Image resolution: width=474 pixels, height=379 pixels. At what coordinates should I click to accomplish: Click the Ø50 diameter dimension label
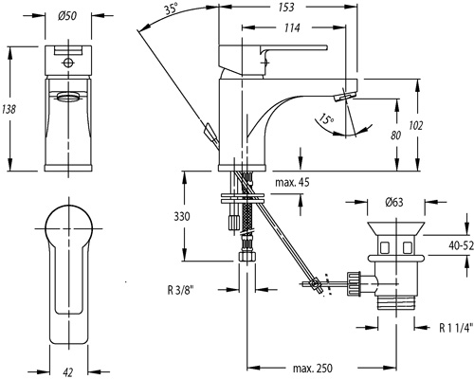coord(67,15)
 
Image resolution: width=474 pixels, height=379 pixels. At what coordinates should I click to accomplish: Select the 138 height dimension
coord(9,109)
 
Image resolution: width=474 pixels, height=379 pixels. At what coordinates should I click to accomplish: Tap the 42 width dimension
coord(68,372)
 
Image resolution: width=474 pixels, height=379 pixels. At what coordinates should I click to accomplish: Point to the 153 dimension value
coord(286,8)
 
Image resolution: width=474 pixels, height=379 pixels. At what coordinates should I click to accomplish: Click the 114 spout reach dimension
coord(291,27)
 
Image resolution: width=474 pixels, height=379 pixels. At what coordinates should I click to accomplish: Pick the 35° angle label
coord(171,9)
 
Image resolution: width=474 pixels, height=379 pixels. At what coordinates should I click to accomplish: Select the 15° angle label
coord(326,118)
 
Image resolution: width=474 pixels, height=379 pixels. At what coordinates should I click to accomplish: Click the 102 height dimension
coord(415,125)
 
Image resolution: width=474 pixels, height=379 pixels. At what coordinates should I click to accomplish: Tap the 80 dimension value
coord(395,135)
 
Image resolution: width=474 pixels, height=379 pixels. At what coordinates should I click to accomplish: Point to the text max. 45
coord(292,182)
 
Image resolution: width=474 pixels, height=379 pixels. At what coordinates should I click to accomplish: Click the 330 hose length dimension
coord(182,216)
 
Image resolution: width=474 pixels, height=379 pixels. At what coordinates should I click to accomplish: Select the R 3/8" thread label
coord(180,290)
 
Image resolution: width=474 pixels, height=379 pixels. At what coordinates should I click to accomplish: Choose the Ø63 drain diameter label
coord(394,202)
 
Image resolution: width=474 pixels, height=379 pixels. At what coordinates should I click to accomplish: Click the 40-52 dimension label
coord(462,245)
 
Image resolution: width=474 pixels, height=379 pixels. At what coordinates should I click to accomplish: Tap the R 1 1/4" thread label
coord(456,328)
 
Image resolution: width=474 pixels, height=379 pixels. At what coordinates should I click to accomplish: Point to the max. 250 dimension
coord(313,368)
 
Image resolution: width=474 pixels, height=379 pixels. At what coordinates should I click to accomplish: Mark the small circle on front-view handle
coord(68,63)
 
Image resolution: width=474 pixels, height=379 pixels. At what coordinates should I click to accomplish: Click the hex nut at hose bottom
coord(246,256)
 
